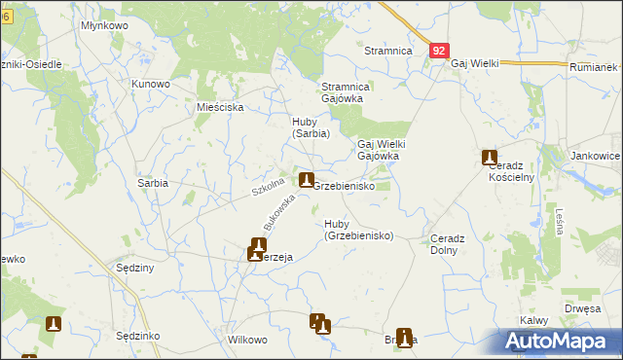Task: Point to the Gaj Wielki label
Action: [x=474, y=63]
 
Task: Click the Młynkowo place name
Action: [x=106, y=25]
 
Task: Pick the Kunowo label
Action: [x=151, y=84]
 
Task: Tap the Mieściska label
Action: [x=220, y=107]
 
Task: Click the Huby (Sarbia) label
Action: [x=311, y=127]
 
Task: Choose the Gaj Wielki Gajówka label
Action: [x=381, y=149]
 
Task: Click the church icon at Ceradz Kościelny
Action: [x=490, y=158]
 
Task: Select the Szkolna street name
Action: [x=268, y=185]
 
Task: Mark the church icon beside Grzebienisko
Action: [x=307, y=180]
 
